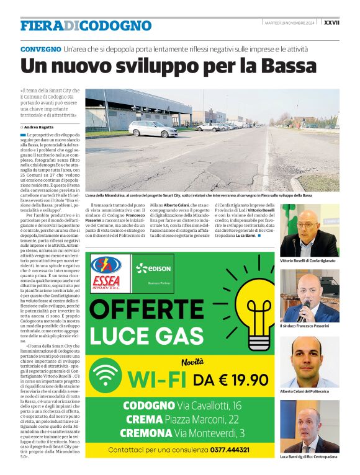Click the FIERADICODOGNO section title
[x=86, y=25]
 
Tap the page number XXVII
[x=349, y=22]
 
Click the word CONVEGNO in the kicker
[x=40, y=49]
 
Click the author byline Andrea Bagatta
[x=40, y=127]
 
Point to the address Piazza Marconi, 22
[x=204, y=419]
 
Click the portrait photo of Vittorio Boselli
[x=309, y=230]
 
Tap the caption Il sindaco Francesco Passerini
[x=305, y=326]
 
